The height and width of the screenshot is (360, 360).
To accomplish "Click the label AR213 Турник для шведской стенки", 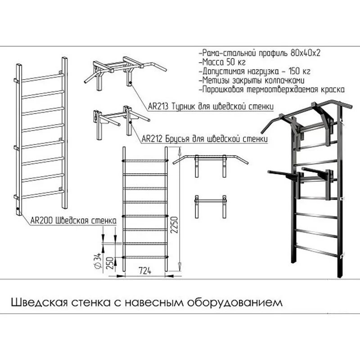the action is (x=211, y=107).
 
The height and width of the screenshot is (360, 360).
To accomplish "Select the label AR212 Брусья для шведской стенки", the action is (x=205, y=139).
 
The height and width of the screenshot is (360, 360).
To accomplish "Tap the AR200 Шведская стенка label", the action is (x=74, y=220).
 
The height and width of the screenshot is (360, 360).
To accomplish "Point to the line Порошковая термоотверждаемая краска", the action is (x=273, y=89).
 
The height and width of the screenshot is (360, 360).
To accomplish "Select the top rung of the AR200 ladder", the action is (x=42, y=77).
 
